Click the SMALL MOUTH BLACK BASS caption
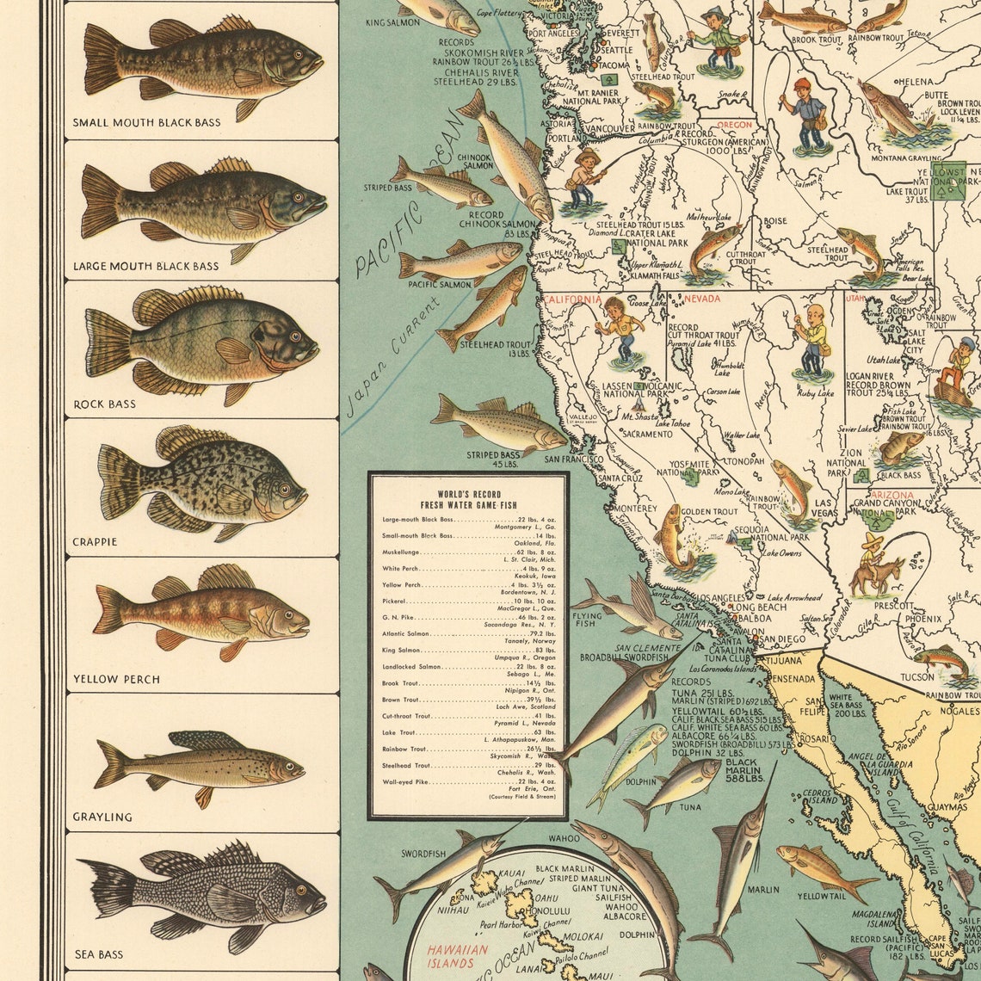[146, 123]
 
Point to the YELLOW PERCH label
[116, 679]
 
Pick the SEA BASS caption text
[99, 954]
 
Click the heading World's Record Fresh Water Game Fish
[468, 499]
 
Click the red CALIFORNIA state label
[572, 299]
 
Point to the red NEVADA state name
[701, 299]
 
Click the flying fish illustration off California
[628, 608]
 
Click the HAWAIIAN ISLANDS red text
[459, 956]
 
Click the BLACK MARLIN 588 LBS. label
[741, 768]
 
